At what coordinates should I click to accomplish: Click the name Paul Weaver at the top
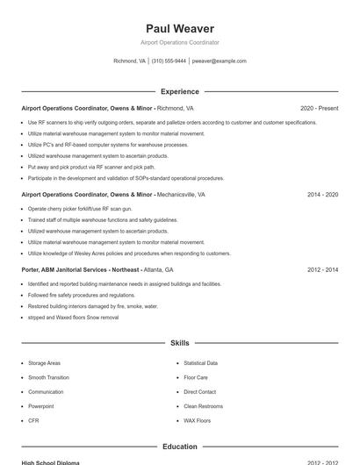coord(179,29)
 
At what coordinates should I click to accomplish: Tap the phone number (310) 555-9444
coord(169,61)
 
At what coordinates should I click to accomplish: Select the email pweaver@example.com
coord(219,61)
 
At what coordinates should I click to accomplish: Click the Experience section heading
coord(179,91)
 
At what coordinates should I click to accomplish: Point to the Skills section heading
coord(179,343)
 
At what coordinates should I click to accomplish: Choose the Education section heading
coord(179,447)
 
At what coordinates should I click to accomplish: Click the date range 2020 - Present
coord(319,108)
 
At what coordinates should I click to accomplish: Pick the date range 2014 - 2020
coord(322,194)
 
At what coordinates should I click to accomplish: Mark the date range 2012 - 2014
coord(322,270)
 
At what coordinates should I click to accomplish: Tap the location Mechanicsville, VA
coord(181,194)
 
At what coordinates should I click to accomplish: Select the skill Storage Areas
coord(44,363)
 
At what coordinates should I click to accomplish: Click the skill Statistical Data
coord(200,363)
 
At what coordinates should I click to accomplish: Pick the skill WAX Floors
coord(197,421)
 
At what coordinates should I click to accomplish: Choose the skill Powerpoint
coord(40,406)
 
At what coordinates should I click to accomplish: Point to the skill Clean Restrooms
coord(203,406)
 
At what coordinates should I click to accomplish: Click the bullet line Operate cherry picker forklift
coord(80,209)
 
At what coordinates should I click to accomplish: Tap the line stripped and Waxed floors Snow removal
coord(73,318)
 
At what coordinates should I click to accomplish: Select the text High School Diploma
coord(50,462)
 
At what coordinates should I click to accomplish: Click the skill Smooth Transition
coord(48,377)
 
